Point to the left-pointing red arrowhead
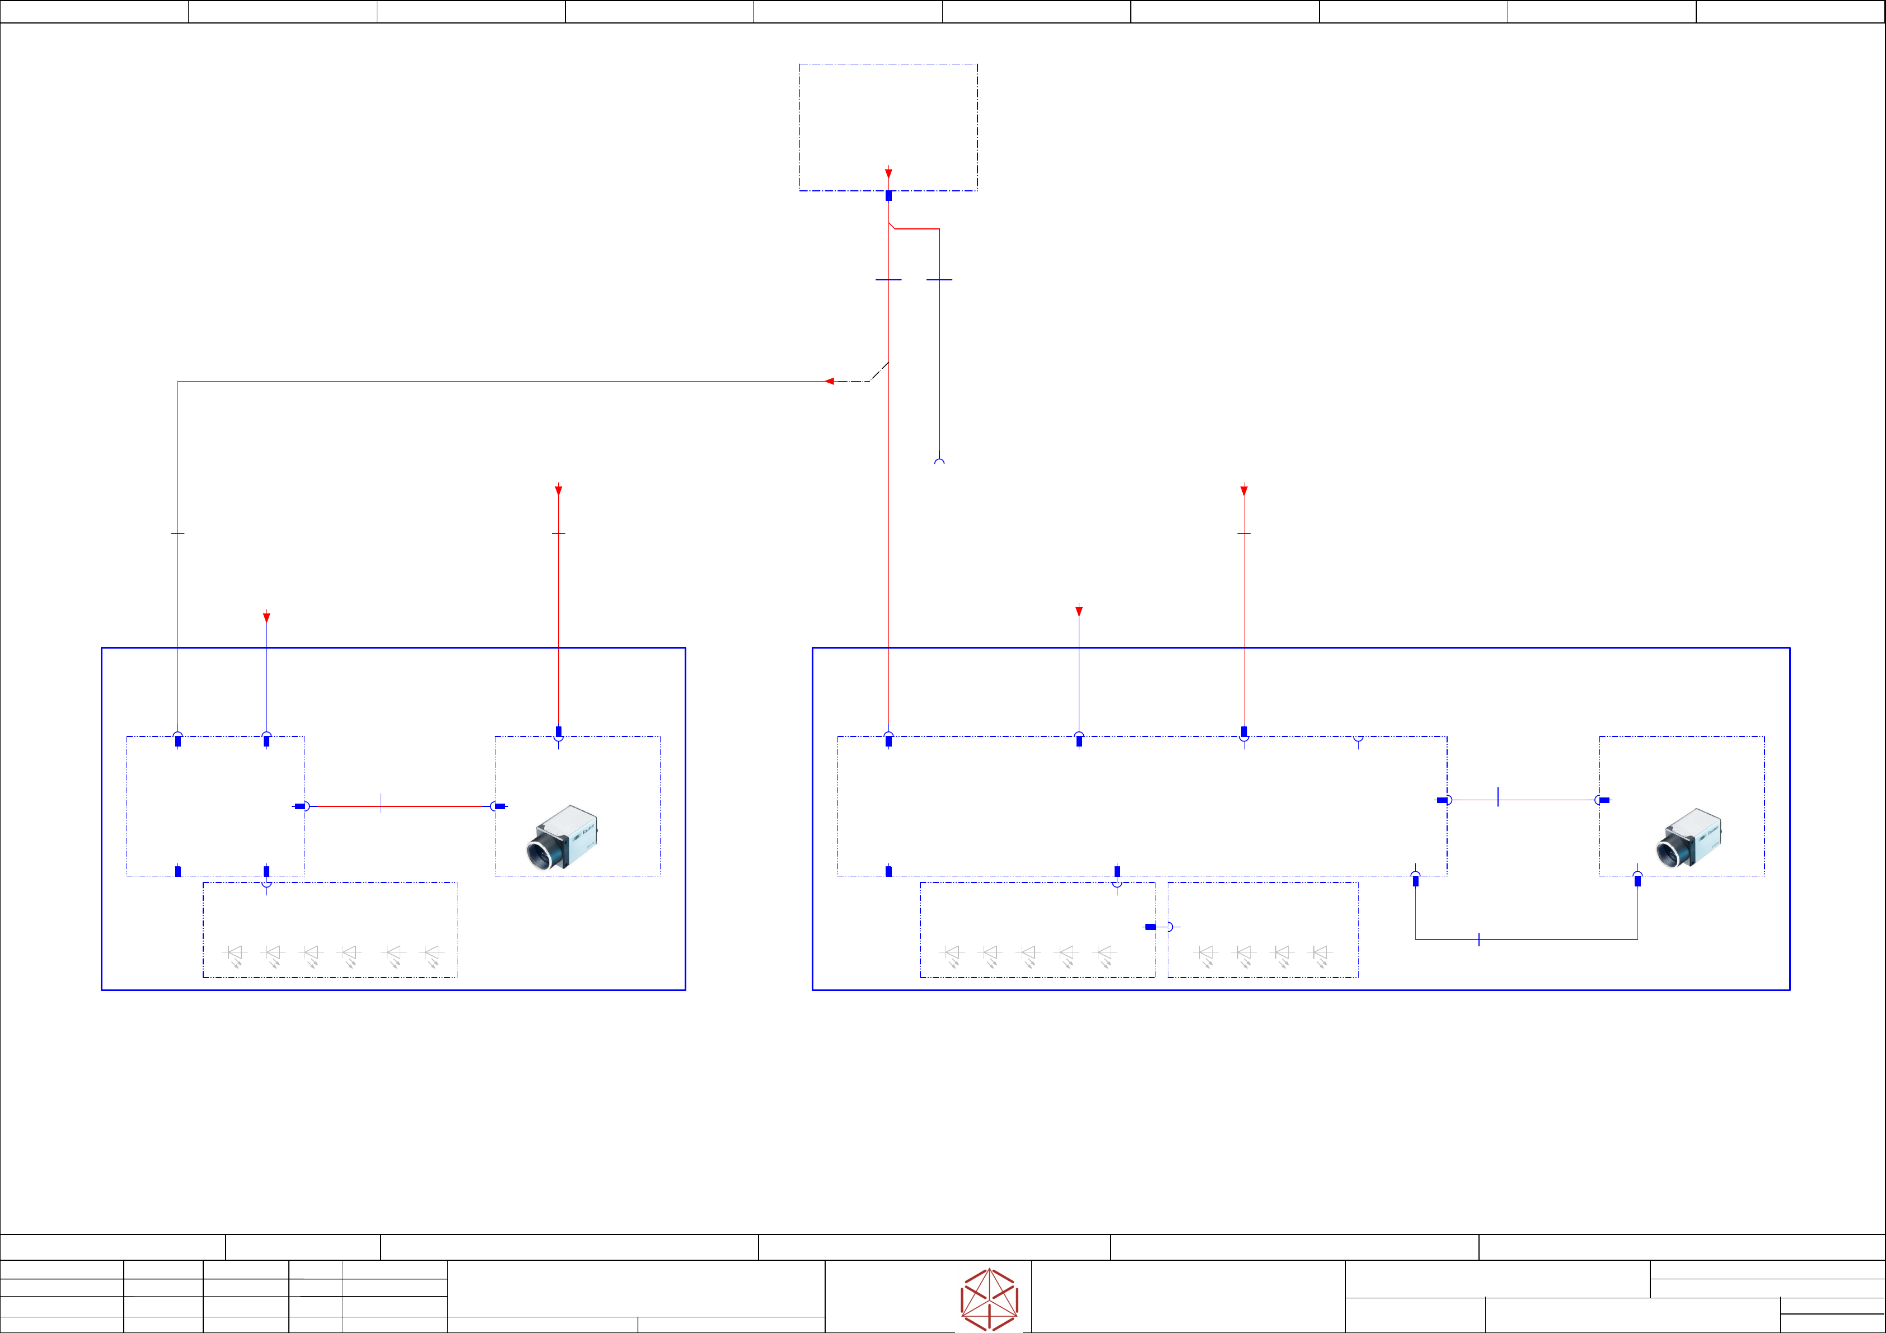coord(830,381)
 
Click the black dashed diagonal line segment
coord(879,371)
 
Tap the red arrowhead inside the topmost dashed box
coord(888,173)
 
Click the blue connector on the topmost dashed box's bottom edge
coord(888,195)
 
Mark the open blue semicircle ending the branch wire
coord(939,462)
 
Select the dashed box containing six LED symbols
coord(329,930)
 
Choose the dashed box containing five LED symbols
coord(1037,930)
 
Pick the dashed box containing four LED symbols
coord(1262,930)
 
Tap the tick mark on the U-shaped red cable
coord(1478,939)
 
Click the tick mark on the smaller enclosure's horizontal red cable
coord(381,803)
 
